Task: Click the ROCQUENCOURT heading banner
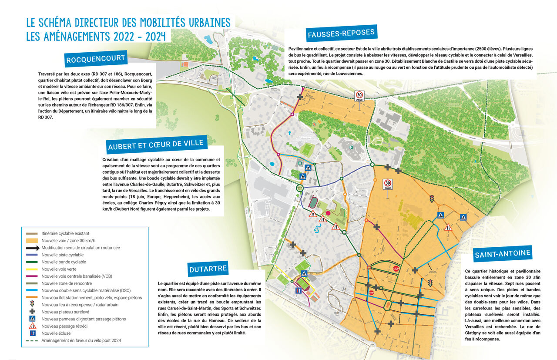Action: coord(96,58)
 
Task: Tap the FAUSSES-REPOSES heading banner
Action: coord(341,34)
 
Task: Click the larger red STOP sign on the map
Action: coord(396,269)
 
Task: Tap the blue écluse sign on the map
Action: coord(298,290)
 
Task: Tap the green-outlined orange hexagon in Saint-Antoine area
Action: coord(369,267)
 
